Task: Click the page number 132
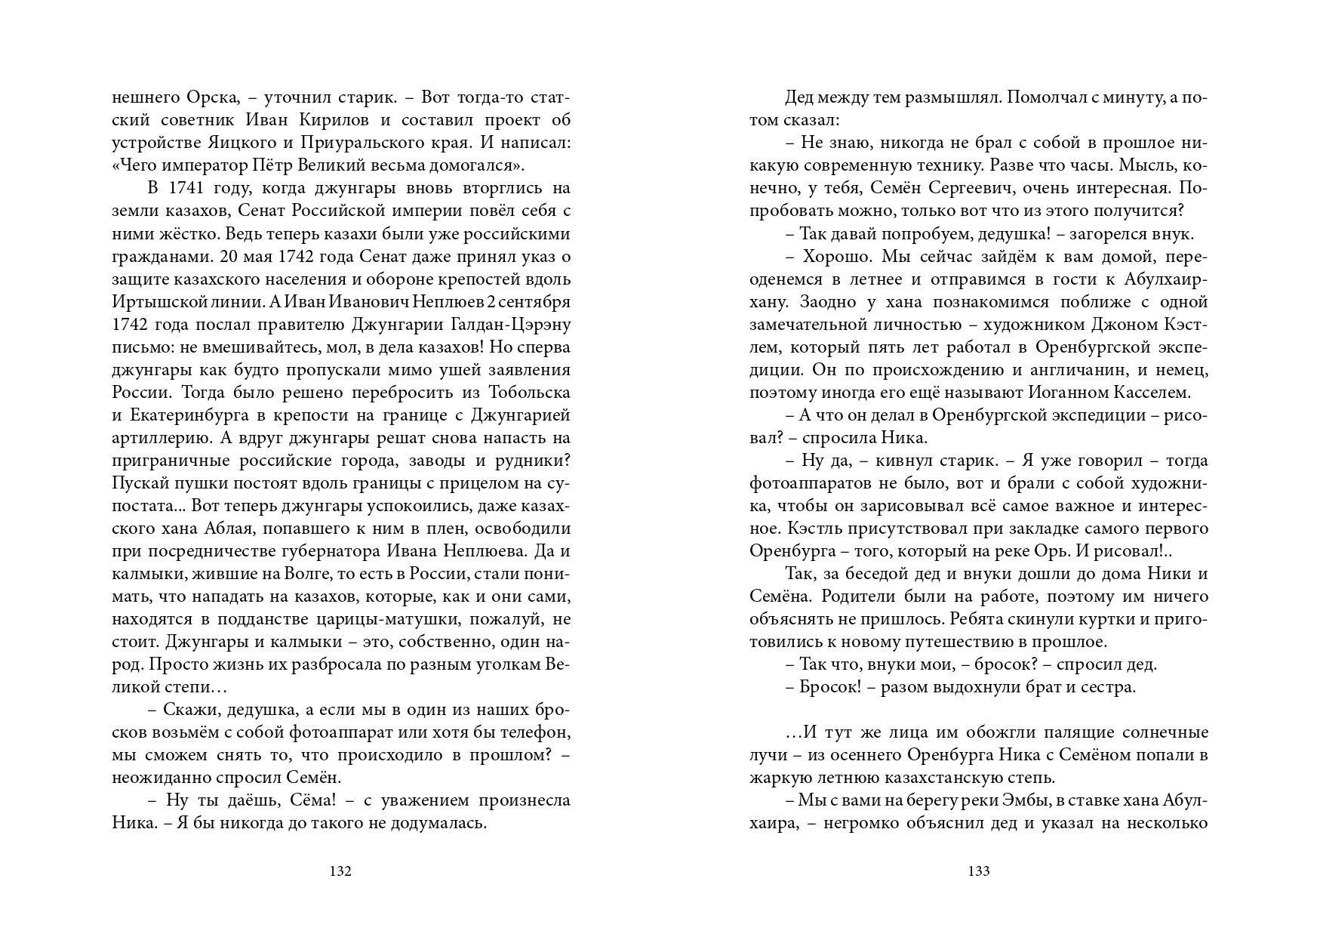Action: tap(341, 871)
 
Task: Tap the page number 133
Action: tap(978, 871)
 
